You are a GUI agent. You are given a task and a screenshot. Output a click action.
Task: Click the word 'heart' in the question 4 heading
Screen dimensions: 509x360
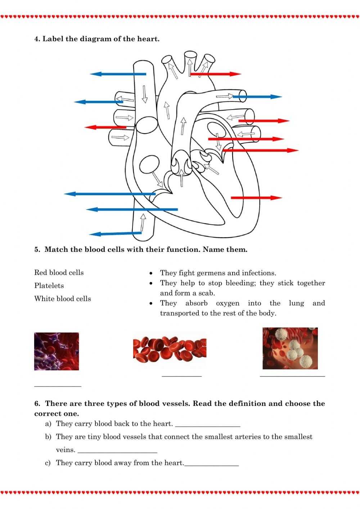coord(147,39)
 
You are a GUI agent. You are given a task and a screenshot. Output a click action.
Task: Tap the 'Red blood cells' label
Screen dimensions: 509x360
coord(59,273)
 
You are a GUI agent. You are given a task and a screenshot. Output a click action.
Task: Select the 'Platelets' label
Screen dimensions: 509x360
coord(49,286)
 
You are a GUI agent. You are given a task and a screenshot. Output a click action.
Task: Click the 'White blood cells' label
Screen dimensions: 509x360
coord(63,299)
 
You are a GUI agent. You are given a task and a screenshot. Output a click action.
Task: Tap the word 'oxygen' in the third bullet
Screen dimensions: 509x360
coord(228,303)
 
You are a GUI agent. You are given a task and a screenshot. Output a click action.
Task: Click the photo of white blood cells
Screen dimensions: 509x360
coord(290,348)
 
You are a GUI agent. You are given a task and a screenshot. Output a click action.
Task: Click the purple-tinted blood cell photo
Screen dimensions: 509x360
coord(57,351)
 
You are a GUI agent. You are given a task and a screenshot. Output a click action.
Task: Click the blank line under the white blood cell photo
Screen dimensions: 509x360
coord(292,376)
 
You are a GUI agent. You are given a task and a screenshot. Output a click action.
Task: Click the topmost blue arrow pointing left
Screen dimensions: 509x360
coord(118,74)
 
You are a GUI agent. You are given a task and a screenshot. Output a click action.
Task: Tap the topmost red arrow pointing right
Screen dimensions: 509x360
coord(215,74)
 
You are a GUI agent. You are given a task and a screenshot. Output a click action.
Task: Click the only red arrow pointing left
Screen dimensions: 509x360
coord(105,127)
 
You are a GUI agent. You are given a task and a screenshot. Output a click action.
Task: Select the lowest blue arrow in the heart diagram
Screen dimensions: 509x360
coord(115,233)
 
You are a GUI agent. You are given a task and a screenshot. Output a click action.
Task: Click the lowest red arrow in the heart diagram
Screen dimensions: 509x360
coord(256,198)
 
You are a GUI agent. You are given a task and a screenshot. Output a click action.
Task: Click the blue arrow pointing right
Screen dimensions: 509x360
coord(257,97)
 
